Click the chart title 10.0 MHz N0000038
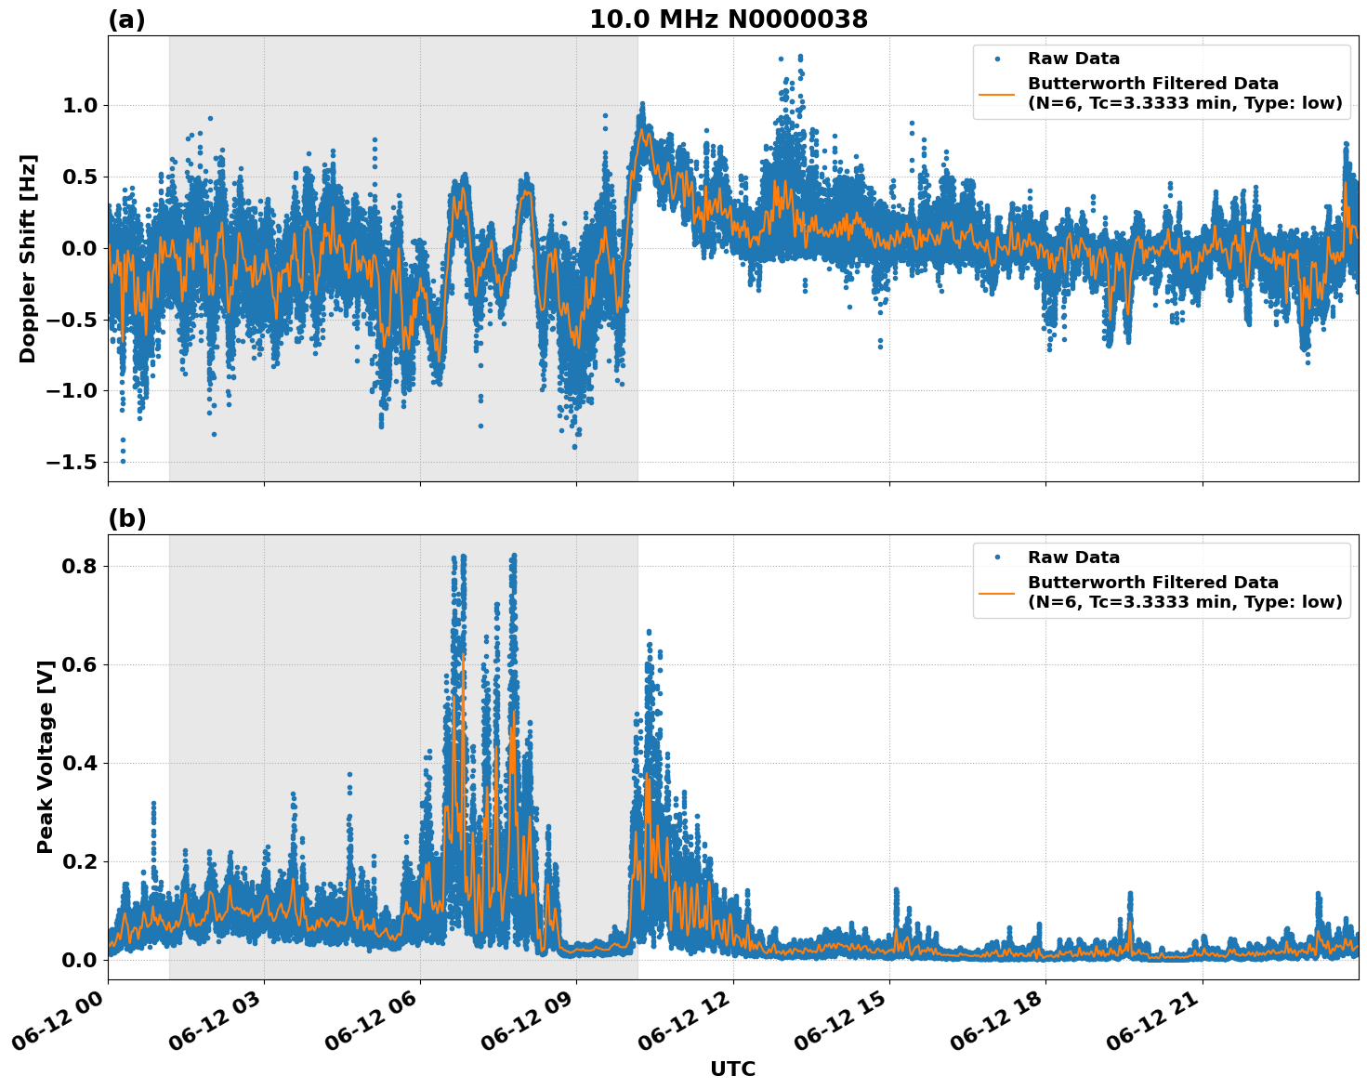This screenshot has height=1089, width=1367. pyautogui.click(x=728, y=20)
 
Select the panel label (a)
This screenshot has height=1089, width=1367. pyautogui.click(x=126, y=20)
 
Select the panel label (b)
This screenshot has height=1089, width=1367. pyautogui.click(x=126, y=518)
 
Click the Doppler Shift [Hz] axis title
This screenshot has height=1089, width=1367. pyautogui.click(x=28, y=258)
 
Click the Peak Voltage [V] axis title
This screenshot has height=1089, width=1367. pyautogui.click(x=46, y=756)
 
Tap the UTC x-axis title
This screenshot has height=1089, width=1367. pyautogui.click(x=732, y=1069)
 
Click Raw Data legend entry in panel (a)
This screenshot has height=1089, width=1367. pyautogui.click(x=1073, y=59)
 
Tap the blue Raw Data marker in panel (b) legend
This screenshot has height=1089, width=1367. pyautogui.click(x=997, y=558)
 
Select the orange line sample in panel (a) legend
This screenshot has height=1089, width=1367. pyautogui.click(x=997, y=93)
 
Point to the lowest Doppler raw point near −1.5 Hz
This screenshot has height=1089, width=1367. pyautogui.click(x=123, y=461)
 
